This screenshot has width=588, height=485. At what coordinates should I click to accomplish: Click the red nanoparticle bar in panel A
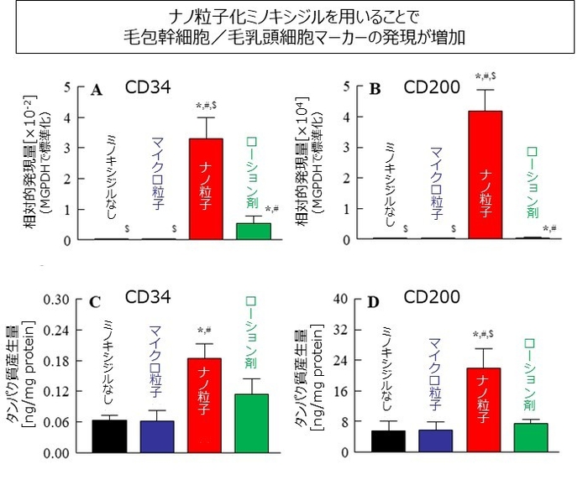tap(205, 189)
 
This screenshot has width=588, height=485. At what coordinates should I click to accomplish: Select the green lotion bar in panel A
tap(254, 231)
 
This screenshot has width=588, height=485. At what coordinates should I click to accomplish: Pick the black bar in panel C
tap(108, 435)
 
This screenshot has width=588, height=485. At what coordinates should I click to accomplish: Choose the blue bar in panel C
tap(156, 436)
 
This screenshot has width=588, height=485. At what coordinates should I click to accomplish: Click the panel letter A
tap(97, 89)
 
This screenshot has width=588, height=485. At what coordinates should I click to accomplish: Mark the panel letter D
tap(375, 302)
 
